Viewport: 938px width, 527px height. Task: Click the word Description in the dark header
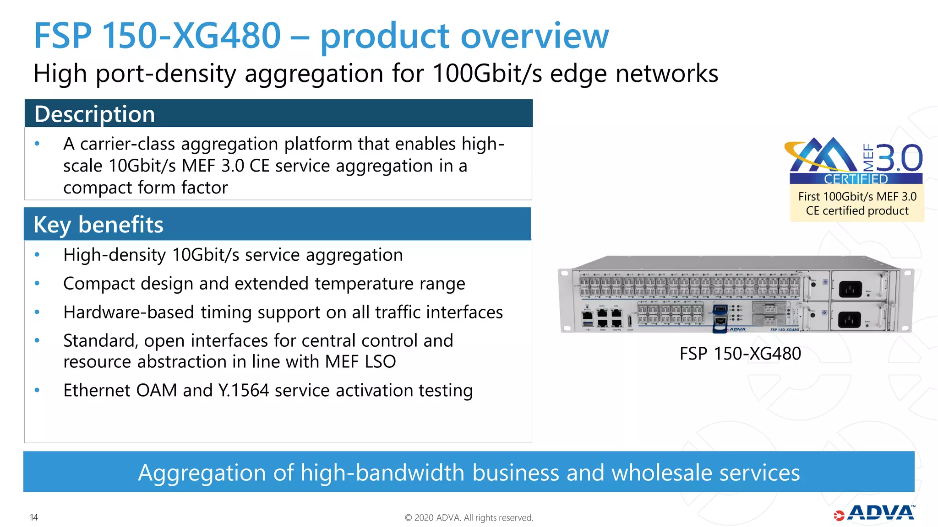[94, 114]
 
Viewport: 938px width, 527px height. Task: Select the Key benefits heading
[98, 225]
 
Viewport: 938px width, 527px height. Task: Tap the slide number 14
[34, 517]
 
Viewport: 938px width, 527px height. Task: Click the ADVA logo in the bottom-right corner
[875, 513]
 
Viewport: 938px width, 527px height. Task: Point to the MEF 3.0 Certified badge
[855, 160]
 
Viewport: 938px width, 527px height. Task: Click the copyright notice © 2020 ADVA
[469, 518]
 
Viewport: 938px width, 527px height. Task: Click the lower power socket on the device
[849, 319]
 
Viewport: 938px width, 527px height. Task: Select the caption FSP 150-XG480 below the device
[740, 354]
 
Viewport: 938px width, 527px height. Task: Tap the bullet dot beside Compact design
[37, 284]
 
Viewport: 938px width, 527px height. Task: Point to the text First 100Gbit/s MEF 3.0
[857, 197]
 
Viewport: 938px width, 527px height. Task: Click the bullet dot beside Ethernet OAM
[37, 391]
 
